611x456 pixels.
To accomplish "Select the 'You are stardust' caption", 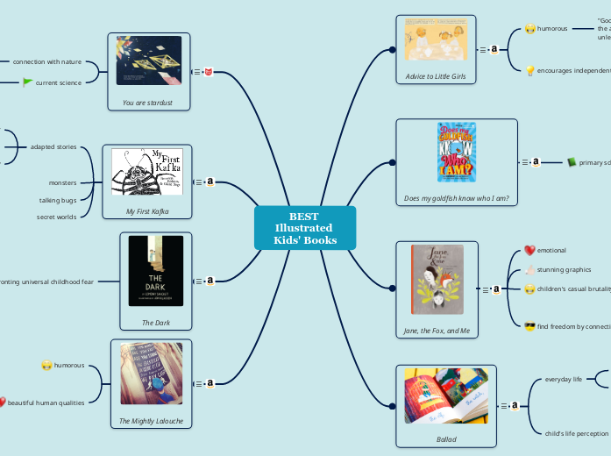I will [x=147, y=103].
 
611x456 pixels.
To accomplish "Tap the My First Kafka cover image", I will [x=146, y=172].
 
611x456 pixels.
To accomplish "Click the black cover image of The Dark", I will [x=156, y=270].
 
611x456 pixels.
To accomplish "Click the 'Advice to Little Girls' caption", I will [x=436, y=77].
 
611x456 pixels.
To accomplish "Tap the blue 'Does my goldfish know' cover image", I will [x=456, y=152].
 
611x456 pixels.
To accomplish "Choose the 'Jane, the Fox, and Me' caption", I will [x=437, y=331].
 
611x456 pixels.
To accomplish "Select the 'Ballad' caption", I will [x=446, y=438].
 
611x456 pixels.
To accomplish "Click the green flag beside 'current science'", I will [x=28, y=82].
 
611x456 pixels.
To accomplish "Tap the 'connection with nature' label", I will [x=47, y=61].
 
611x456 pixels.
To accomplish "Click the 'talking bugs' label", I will [x=58, y=200].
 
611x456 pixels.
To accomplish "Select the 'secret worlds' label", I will [x=56, y=217].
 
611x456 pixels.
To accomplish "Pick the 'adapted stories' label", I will [x=53, y=146].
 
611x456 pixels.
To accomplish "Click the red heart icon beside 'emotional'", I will [x=529, y=251].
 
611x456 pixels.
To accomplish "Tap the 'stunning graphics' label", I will [x=564, y=270].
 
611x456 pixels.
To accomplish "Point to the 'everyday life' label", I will [x=564, y=379].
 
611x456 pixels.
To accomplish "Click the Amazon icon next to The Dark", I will [x=210, y=281].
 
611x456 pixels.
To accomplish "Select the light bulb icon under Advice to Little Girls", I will [x=529, y=70].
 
